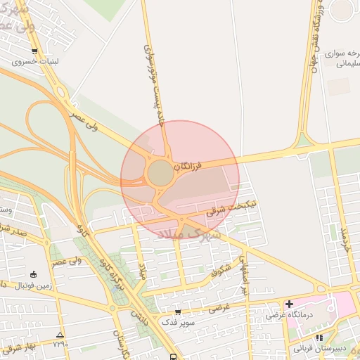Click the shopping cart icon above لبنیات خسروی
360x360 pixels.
coord(34,51)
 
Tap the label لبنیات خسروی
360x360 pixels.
coord(34,62)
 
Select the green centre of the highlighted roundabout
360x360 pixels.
coord(160,173)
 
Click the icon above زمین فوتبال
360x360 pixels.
coord(34,274)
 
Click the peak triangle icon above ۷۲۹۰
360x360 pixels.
coord(60,335)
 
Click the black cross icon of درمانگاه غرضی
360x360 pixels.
coord(288,304)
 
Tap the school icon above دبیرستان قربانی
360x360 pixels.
coord(319,337)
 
